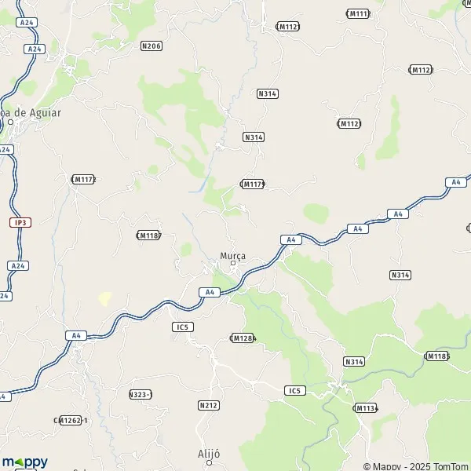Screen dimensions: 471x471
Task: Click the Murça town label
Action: pyautogui.click(x=233, y=257)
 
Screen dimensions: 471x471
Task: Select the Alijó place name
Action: pyautogui.click(x=210, y=454)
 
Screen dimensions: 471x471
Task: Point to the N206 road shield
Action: pyautogui.click(x=152, y=46)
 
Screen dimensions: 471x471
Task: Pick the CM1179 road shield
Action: pyautogui.click(x=253, y=184)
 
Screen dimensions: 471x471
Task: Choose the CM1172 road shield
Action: pyautogui.click(x=83, y=180)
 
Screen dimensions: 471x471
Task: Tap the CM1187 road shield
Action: pyautogui.click(x=148, y=235)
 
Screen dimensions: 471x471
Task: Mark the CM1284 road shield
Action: pyautogui.click(x=243, y=338)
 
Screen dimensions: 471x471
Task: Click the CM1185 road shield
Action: pyautogui.click(x=436, y=356)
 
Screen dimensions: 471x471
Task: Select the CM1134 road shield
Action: pyautogui.click(x=366, y=407)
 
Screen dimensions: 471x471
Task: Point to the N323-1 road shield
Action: pyautogui.click(x=141, y=394)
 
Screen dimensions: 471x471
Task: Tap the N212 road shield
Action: pyautogui.click(x=208, y=405)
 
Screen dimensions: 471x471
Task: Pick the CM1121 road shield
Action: pyautogui.click(x=288, y=26)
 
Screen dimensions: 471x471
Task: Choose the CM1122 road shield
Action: pyautogui.click(x=421, y=70)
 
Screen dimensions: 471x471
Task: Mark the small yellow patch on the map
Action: pyautogui.click(x=104, y=298)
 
